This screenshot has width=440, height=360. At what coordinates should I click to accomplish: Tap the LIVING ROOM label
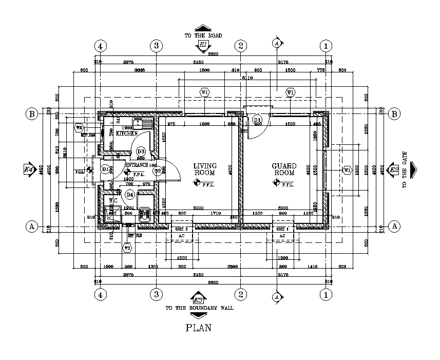click(205, 169)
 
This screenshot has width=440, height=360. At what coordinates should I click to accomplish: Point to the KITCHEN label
click(126, 134)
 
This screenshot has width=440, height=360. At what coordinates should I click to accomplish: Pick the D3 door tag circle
click(141, 151)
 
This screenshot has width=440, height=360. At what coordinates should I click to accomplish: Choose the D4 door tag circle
click(130, 195)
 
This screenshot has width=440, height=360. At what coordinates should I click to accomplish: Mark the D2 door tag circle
click(159, 170)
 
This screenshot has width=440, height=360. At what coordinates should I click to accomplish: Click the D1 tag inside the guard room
click(257, 120)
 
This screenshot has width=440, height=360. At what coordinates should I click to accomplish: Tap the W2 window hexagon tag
click(79, 127)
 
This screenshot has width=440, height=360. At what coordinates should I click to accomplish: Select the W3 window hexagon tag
click(127, 248)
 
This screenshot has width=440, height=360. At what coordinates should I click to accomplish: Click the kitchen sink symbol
click(142, 124)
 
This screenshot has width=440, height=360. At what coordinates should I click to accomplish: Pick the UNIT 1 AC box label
click(282, 229)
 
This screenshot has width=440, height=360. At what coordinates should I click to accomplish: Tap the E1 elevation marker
click(203, 46)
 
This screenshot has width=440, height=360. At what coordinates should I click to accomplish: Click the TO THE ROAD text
click(203, 35)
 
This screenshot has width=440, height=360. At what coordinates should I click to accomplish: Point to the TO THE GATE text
click(405, 169)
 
